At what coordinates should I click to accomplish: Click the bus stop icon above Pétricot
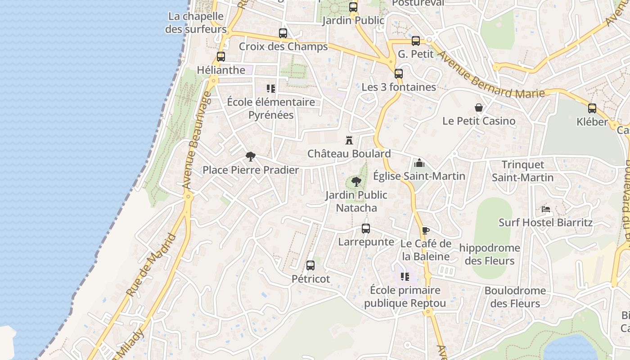pyautogui.click(x=310, y=265)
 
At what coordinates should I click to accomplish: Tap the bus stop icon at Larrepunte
pyautogui.click(x=366, y=229)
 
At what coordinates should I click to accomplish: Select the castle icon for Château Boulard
pyautogui.click(x=349, y=140)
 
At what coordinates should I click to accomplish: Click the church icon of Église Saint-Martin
pyautogui.click(x=419, y=162)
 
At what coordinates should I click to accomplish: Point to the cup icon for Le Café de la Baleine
pyautogui.click(x=426, y=231)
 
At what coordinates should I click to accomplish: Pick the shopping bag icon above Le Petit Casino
pyautogui.click(x=479, y=108)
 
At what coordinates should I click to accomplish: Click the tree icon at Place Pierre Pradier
pyautogui.click(x=251, y=157)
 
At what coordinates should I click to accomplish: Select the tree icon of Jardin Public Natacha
pyautogui.click(x=356, y=182)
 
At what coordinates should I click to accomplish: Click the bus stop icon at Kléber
pyautogui.click(x=592, y=108)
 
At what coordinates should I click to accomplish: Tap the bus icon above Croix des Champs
pyautogui.click(x=283, y=33)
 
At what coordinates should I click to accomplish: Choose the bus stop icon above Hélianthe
pyautogui.click(x=221, y=57)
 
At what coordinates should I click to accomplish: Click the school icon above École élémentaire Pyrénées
pyautogui.click(x=271, y=89)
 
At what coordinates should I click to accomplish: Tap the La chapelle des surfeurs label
pyautogui.click(x=195, y=22)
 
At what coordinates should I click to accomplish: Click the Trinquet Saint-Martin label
pyautogui.click(x=522, y=171)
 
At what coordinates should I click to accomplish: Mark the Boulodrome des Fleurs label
pyautogui.click(x=515, y=297)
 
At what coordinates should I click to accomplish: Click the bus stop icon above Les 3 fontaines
pyautogui.click(x=399, y=74)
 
